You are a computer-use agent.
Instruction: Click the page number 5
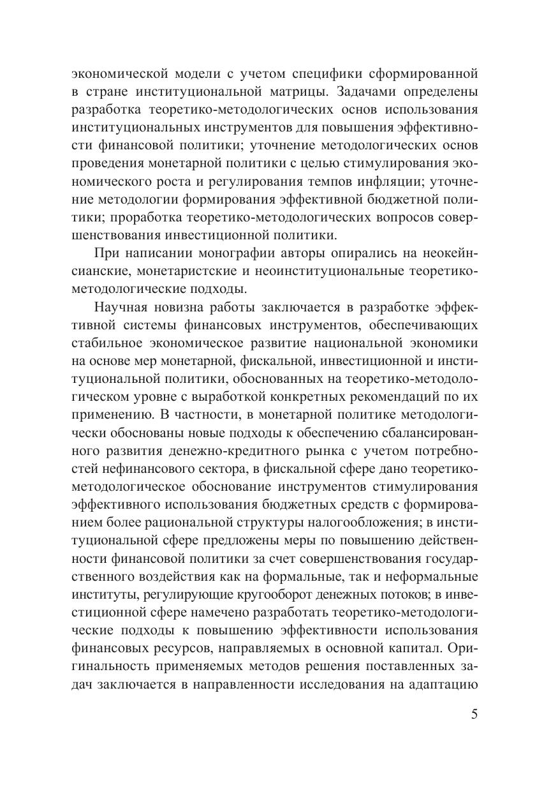(474, 714)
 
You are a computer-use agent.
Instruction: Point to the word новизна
(185, 309)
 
